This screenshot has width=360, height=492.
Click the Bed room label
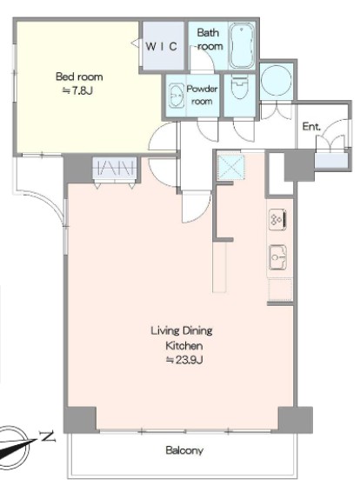pos(79,76)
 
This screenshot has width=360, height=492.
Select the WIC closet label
pos(162,46)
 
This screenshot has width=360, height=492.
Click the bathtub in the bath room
pos(242,45)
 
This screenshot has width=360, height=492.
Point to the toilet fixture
pos(239,87)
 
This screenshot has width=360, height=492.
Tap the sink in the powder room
pos(176,95)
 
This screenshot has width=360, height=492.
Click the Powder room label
pos(202,95)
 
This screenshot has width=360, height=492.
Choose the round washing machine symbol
pos(276,80)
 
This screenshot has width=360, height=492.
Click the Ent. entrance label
pos(311,126)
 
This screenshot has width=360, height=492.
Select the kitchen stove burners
pos(277,219)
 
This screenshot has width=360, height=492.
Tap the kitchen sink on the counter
pos(278,257)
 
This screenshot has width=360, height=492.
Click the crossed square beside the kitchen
pos(231,167)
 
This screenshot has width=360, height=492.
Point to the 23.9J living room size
pos(184,360)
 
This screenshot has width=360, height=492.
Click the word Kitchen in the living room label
pos(184,345)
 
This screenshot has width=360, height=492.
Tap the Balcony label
pos(184,450)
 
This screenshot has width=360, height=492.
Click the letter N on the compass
pos(48,435)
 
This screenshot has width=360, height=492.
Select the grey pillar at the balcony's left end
pos(80,420)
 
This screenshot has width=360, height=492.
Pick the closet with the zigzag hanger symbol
pos(117,168)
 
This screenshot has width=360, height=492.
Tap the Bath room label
pos(210,39)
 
